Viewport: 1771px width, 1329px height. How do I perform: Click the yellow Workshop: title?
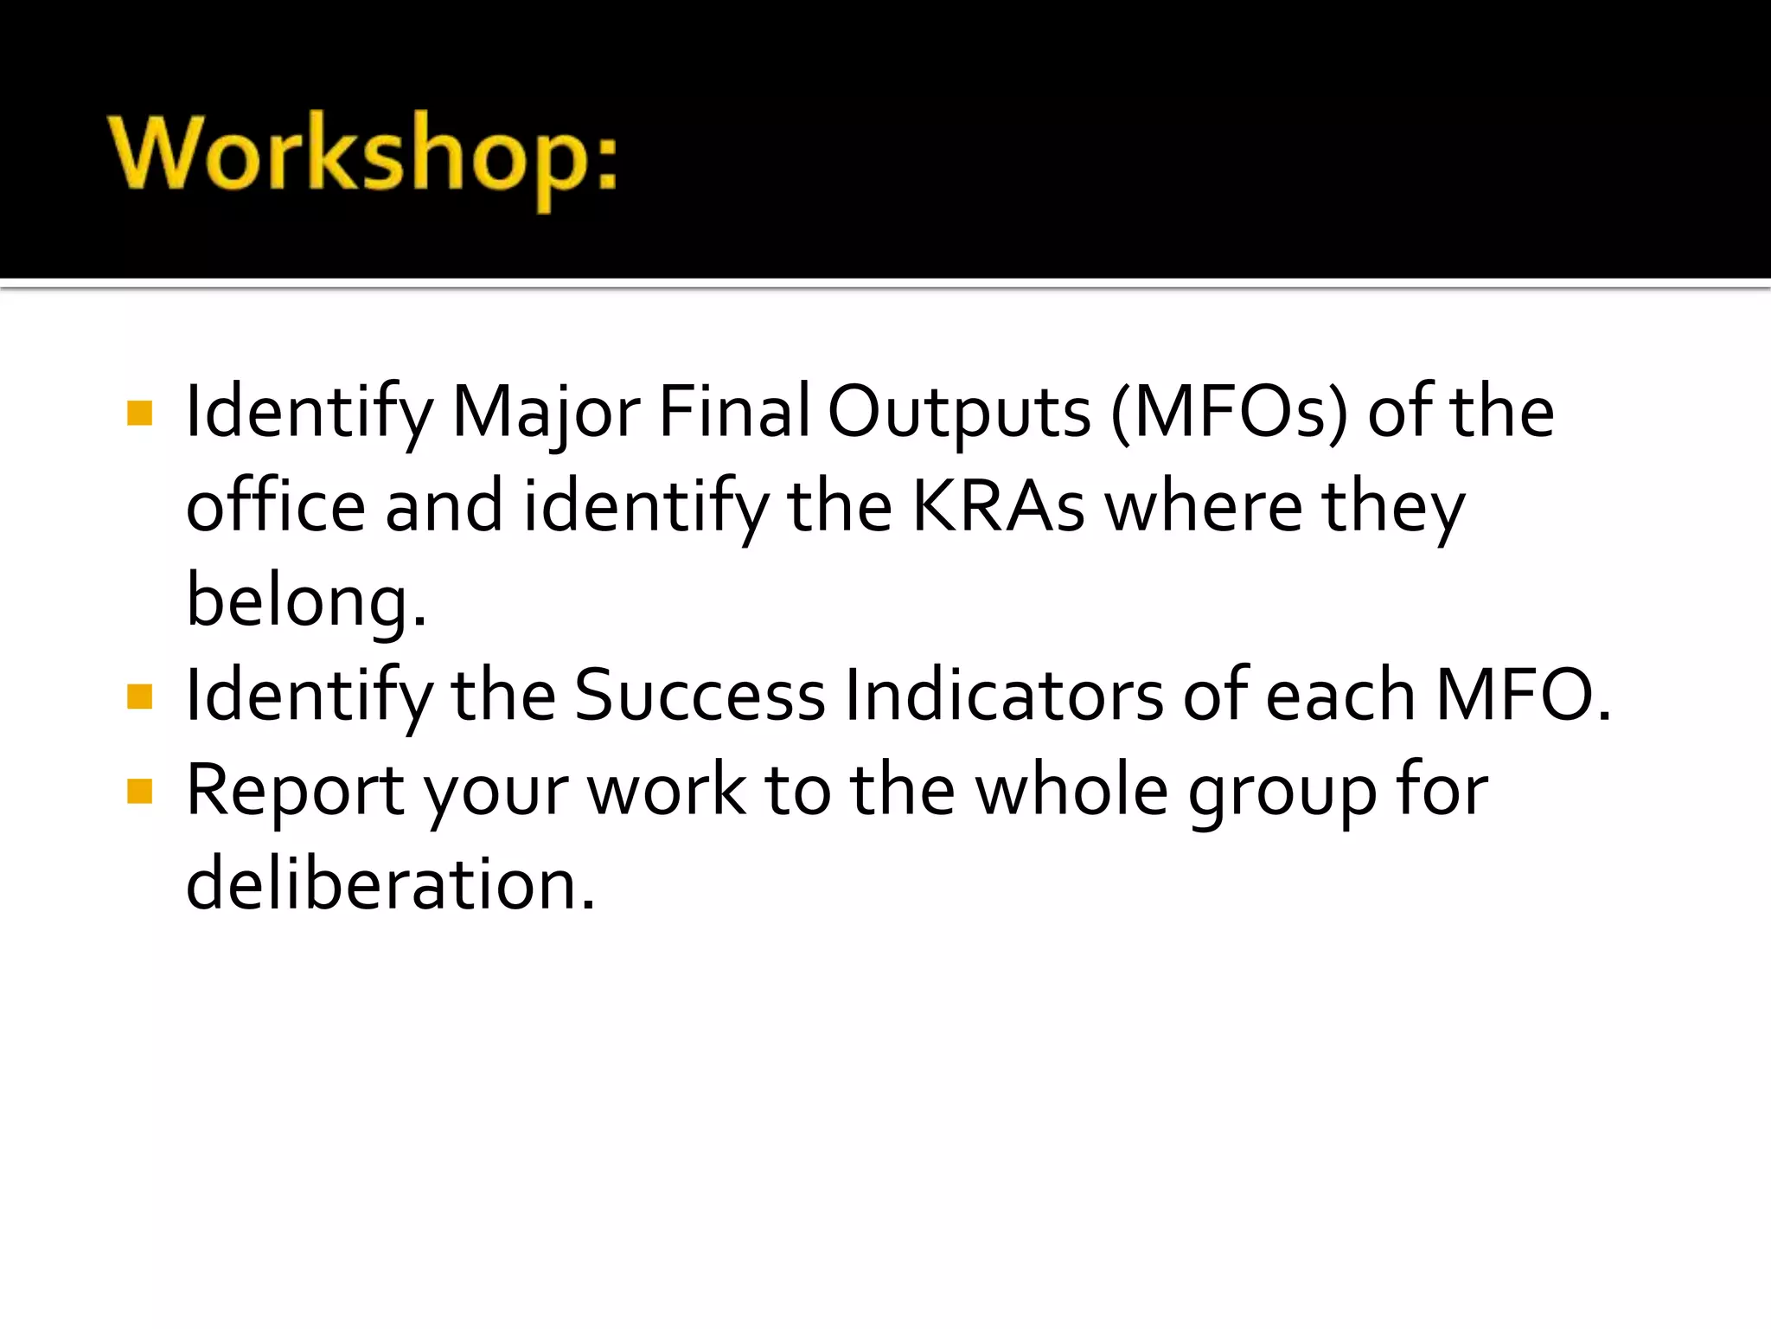[363, 156]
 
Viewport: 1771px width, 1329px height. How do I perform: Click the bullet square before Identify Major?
[139, 413]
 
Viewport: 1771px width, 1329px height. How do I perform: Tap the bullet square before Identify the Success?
[139, 696]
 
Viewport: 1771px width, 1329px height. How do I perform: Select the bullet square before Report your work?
[139, 791]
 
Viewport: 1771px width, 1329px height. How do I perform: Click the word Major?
[546, 413]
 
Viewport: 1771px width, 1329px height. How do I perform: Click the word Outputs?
[959, 413]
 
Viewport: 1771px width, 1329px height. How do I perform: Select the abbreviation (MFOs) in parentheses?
[1229, 413]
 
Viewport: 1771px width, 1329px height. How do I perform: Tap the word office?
[276, 506]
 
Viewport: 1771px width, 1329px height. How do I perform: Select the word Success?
[700, 696]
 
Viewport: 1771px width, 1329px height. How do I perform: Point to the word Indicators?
[1004, 696]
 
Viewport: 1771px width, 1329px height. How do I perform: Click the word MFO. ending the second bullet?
[1523, 696]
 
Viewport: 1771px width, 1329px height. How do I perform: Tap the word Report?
[295, 791]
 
